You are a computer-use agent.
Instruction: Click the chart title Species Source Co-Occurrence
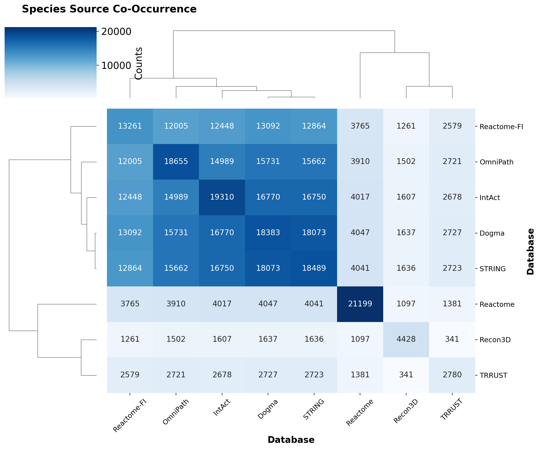(109, 9)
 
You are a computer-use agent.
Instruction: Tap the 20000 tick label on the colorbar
(116, 32)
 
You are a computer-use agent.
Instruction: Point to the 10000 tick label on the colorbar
(116, 66)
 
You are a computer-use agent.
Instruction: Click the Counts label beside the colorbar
(139, 63)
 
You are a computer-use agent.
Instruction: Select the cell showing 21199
(360, 304)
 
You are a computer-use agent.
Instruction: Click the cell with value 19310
(222, 197)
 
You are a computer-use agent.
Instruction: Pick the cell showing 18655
(176, 161)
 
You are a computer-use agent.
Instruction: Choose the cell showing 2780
(452, 375)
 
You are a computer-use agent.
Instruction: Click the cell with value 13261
(130, 126)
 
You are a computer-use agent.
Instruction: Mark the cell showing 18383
(268, 233)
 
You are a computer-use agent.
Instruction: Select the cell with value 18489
(314, 268)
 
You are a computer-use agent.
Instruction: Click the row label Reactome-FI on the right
(501, 127)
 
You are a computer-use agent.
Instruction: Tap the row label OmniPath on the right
(496, 162)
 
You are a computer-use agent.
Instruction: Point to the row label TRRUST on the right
(493, 376)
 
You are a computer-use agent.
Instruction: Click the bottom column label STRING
(314, 409)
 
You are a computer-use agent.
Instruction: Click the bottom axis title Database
(291, 440)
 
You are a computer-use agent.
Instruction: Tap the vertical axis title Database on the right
(530, 251)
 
